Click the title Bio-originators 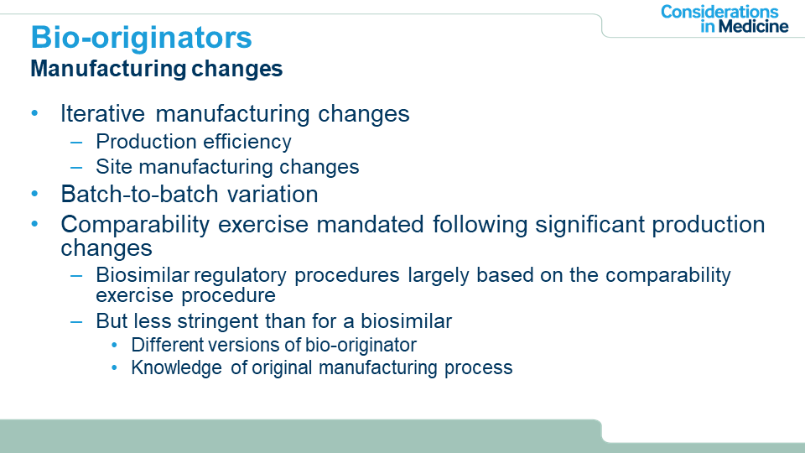tap(141, 38)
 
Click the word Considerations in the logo tap(719, 12)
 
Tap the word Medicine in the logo tap(753, 26)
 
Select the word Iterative tap(102, 113)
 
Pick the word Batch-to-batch tap(140, 194)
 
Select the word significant tap(589, 226)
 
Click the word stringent tap(218, 322)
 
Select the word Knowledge tap(176, 368)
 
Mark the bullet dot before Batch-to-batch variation tap(35, 194)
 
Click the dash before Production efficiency tap(76, 143)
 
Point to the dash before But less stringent tap(76, 322)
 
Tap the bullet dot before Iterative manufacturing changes tap(35, 113)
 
